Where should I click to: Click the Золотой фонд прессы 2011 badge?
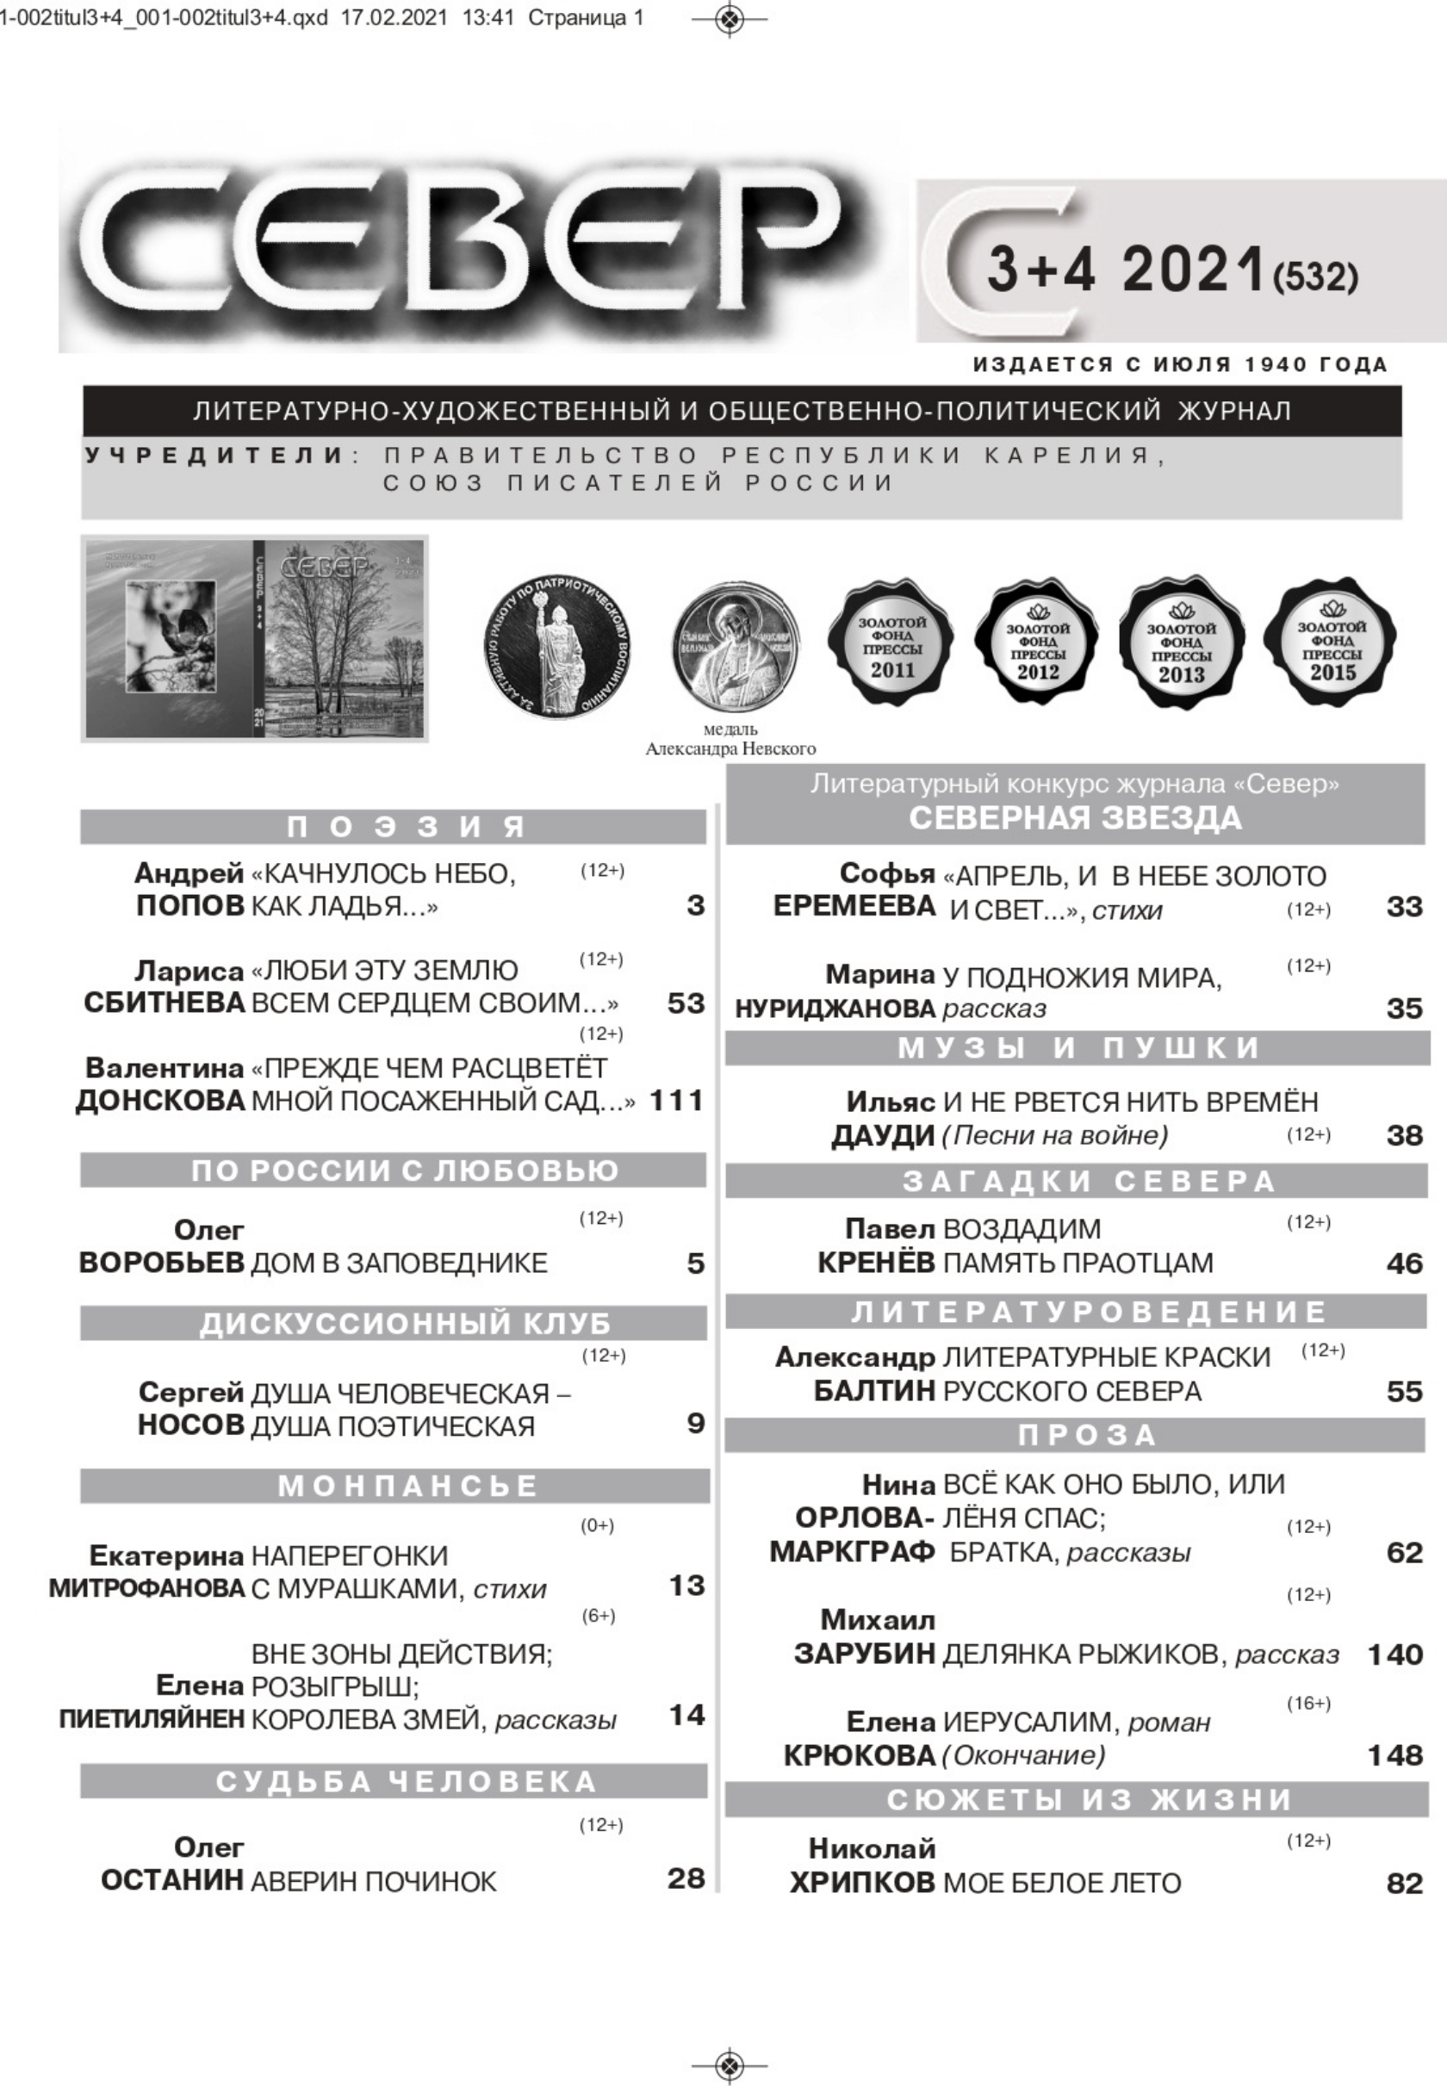(x=892, y=644)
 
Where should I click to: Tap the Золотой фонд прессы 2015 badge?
(x=1331, y=644)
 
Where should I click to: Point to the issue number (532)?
(x=1315, y=276)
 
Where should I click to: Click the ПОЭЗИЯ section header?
(x=393, y=827)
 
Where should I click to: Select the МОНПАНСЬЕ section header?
(x=394, y=1486)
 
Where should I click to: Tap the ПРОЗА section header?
(x=1075, y=1435)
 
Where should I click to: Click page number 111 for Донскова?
(x=676, y=1101)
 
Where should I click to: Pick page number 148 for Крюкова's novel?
(x=1394, y=1756)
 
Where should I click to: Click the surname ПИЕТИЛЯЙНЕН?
(x=152, y=1719)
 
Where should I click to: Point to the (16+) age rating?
(x=1308, y=1704)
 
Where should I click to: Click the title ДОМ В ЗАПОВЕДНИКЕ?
(x=399, y=1263)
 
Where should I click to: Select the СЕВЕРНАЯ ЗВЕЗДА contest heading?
(x=1075, y=817)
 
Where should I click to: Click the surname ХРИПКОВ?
(x=862, y=1884)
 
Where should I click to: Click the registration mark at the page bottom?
(x=730, y=2066)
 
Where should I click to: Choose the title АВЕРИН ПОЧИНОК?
(x=374, y=1882)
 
